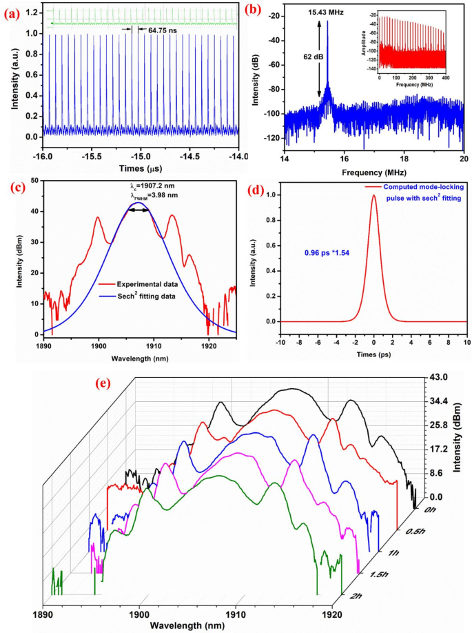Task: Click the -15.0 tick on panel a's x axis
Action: (141, 157)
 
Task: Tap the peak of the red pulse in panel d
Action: (373, 196)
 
